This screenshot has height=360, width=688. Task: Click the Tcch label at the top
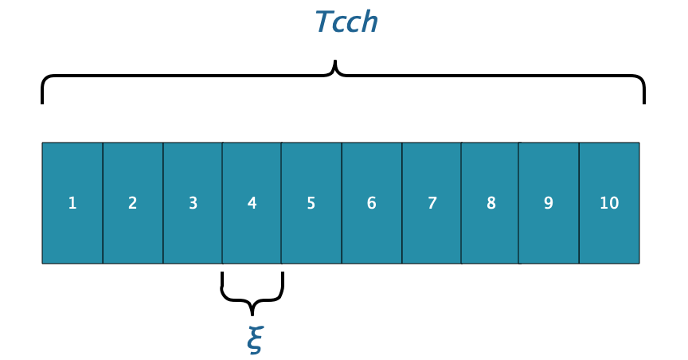[346, 22]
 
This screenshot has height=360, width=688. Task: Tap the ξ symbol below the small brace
[252, 338]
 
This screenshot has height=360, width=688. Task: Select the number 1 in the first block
[72, 203]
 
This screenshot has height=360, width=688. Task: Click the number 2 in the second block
[132, 203]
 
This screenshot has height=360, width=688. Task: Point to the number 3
[193, 203]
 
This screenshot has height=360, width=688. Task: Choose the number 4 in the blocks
[252, 203]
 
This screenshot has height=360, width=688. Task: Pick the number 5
[311, 203]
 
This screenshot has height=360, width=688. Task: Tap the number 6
[371, 203]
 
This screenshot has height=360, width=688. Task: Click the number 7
[432, 203]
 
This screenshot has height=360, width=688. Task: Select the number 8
[491, 203]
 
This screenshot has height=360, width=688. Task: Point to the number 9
[549, 203]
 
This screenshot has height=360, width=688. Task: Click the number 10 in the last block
[609, 203]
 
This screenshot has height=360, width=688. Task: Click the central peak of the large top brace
[335, 64]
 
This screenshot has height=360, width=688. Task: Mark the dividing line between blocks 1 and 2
[103, 203]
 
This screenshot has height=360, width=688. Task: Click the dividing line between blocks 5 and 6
[342, 203]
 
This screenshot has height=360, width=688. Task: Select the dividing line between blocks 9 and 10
[579, 203]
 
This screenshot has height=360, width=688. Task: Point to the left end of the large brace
[42, 100]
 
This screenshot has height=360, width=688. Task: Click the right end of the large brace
[643, 100]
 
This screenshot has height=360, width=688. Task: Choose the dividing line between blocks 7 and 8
[461, 203]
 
